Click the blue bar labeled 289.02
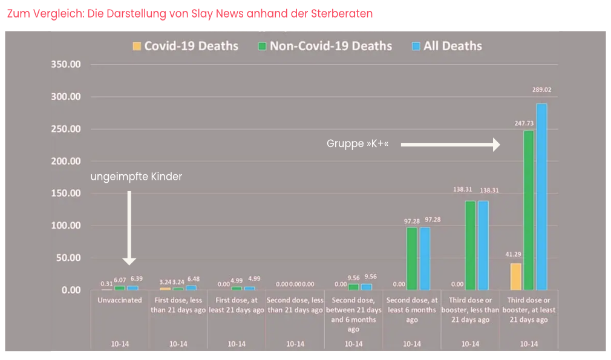point(541,197)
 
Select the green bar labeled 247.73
point(529,210)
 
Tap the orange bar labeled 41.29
point(515,277)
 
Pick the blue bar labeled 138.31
point(483,245)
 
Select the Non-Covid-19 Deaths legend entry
point(325,46)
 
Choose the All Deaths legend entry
point(446,46)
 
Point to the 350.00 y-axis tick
point(67,65)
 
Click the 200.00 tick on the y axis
point(67,162)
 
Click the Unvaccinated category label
point(120,300)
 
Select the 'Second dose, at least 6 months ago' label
point(412,310)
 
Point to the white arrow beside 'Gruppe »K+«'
point(450,145)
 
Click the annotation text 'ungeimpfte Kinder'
point(136,177)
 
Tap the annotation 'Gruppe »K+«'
point(357,144)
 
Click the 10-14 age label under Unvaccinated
point(120,344)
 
